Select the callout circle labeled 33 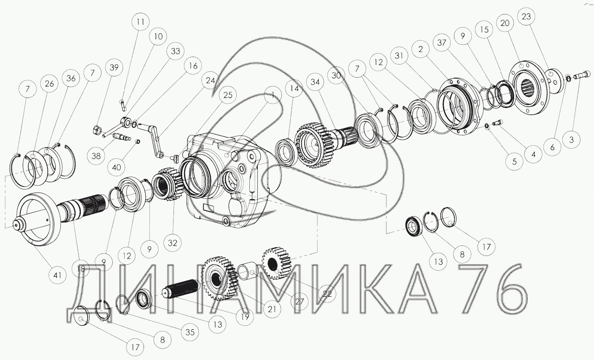[x=175, y=52]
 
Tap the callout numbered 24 [x=211, y=81]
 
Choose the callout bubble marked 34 [x=314, y=82]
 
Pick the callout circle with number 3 [x=571, y=140]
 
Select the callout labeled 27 [x=299, y=302]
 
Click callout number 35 [x=189, y=332]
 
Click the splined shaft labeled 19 [x=181, y=290]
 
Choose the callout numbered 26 [x=49, y=84]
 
